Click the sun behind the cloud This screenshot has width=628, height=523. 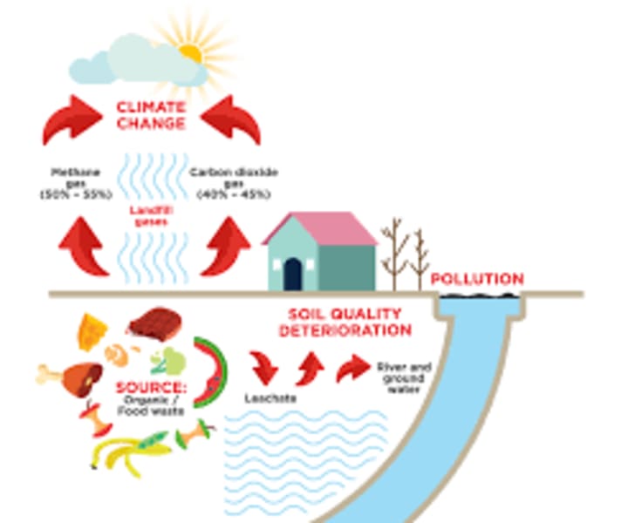tap(191, 51)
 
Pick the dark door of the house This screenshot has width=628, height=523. tap(292, 272)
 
